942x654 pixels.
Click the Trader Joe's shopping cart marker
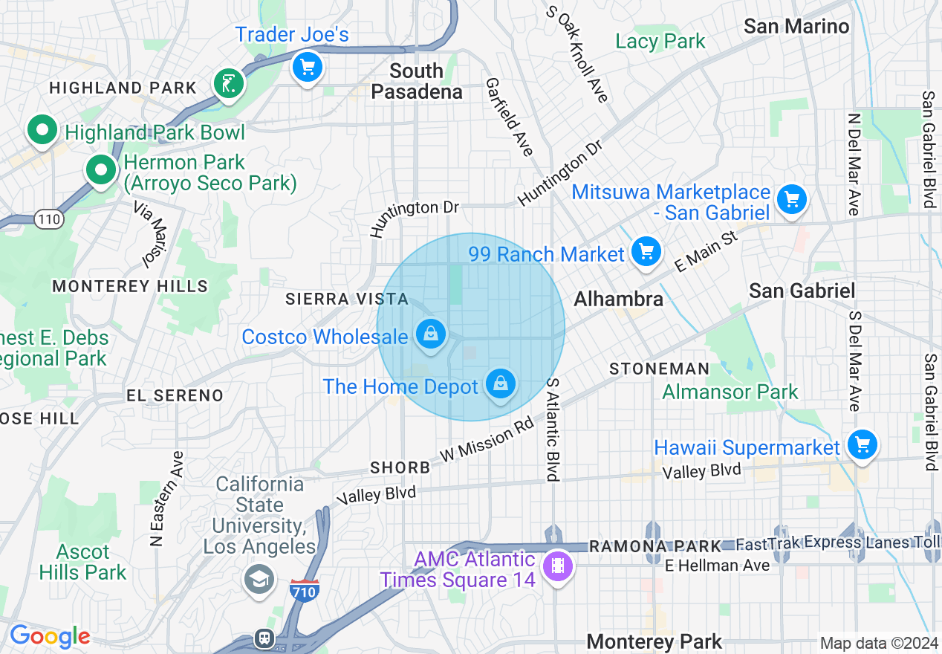tap(307, 67)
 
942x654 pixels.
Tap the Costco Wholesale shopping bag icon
tap(431, 334)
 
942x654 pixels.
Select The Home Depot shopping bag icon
tap(501, 383)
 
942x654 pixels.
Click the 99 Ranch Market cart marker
tap(646, 251)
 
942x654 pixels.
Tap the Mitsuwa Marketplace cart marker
tap(792, 199)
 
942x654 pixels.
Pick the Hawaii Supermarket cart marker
tap(862, 445)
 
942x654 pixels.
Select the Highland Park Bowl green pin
tap(42, 130)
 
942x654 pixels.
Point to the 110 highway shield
tap(48, 219)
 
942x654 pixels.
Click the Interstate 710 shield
tap(305, 591)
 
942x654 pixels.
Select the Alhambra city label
tap(618, 299)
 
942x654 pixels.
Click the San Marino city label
tap(796, 26)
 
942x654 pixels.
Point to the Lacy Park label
tap(660, 41)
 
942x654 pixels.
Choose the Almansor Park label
tap(730, 392)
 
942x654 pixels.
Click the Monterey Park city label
tap(654, 641)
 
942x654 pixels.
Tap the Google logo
tap(50, 636)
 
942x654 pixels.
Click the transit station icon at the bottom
tap(264, 638)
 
